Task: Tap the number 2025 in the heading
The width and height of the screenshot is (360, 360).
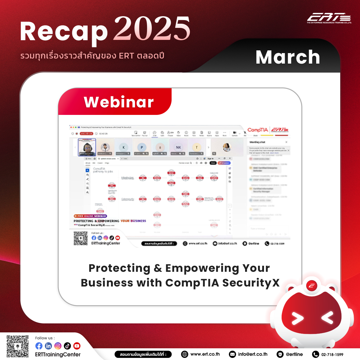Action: coord(152,29)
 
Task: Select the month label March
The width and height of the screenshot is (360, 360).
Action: coord(288,57)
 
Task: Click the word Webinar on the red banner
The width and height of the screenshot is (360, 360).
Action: coord(119,102)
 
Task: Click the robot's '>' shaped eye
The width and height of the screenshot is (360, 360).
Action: coord(297,318)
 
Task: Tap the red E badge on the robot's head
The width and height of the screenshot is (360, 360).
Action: coord(312,286)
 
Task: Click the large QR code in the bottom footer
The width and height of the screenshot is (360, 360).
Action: coord(18,346)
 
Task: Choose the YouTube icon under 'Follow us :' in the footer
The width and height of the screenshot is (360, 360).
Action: coord(77,346)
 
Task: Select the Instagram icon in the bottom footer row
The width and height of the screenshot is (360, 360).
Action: coord(58,346)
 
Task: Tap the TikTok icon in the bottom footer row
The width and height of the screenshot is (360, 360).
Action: coord(67,346)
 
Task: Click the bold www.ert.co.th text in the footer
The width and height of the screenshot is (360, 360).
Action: coord(205,354)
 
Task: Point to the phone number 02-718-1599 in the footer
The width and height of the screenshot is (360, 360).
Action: coord(332,355)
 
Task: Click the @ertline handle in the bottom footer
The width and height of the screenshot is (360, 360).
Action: coord(294,354)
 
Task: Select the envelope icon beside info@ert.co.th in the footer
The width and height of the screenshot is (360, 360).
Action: coord(232,354)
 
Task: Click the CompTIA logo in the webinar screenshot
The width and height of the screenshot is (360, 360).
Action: coord(258,130)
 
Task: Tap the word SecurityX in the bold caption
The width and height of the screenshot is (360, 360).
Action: coord(251,283)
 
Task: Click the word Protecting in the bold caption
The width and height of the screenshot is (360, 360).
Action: coord(119,268)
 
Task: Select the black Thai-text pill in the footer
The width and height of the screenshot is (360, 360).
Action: coord(143,354)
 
